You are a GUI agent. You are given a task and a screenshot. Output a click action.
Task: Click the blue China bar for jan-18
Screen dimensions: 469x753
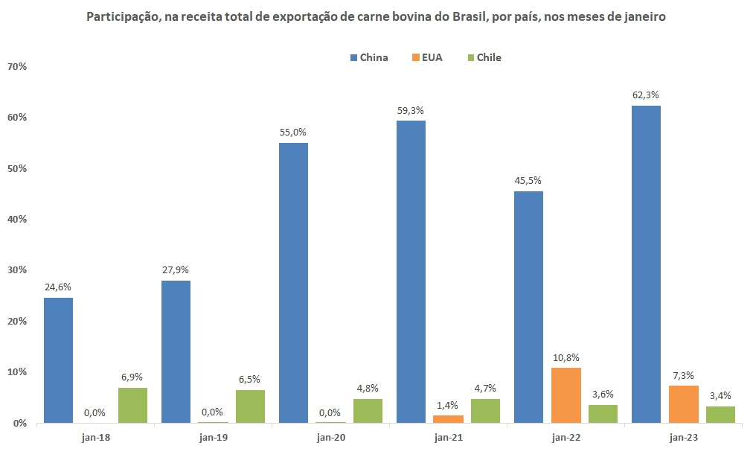click(58, 360)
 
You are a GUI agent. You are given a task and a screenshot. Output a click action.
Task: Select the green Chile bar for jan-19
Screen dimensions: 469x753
click(250, 406)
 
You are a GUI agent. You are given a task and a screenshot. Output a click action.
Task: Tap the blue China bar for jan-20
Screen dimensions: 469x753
click(293, 283)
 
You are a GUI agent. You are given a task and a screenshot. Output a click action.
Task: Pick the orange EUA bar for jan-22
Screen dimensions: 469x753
click(566, 395)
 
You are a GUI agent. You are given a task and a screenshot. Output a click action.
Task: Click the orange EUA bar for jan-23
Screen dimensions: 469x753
click(684, 404)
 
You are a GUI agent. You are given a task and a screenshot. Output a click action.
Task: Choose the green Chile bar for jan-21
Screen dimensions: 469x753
click(485, 411)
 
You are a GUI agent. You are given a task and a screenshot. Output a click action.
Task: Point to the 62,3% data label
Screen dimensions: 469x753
click(645, 95)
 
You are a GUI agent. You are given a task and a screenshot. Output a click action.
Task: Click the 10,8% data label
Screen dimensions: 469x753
click(566, 357)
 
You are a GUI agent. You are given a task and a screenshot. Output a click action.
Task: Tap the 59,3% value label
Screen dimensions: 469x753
click(411, 110)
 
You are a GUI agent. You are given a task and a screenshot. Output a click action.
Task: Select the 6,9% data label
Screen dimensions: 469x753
click(132, 377)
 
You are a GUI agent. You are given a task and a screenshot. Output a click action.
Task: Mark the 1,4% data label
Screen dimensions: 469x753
click(449, 404)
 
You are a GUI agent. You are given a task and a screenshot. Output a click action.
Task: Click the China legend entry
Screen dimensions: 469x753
click(368, 57)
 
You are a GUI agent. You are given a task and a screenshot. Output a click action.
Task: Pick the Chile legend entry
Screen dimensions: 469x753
click(484, 57)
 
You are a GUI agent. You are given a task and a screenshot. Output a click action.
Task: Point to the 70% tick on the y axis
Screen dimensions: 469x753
click(16, 67)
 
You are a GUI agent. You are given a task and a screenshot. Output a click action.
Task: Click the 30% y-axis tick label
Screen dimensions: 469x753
click(16, 270)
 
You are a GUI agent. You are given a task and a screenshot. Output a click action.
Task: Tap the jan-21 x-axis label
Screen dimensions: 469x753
click(448, 438)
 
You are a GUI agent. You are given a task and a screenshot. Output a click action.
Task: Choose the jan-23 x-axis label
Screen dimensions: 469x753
click(683, 438)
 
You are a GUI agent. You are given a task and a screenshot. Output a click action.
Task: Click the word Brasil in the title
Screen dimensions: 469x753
click(473, 16)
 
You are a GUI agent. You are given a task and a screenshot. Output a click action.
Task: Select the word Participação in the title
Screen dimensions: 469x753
click(123, 16)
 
